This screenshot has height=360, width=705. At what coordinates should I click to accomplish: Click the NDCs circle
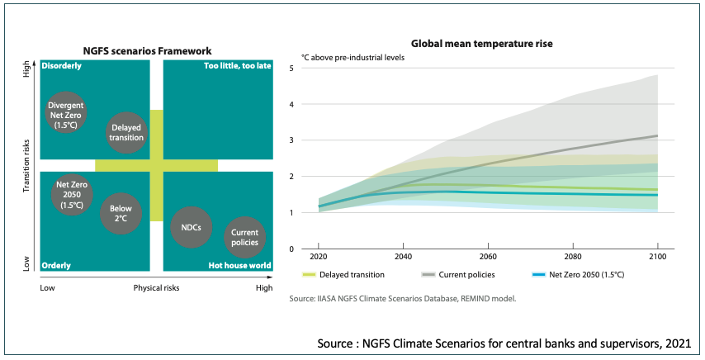pos(191,227)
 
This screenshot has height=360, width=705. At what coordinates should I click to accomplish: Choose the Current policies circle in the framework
pos(245,237)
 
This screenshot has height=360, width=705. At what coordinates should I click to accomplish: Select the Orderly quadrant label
pos(57,265)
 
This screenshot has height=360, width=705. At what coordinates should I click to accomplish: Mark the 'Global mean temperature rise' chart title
pos(482,43)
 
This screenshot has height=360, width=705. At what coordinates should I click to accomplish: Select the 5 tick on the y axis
pos(291,68)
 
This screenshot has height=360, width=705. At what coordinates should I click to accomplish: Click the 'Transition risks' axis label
pos(26,165)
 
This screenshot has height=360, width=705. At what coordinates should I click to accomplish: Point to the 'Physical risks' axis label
pos(156,288)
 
